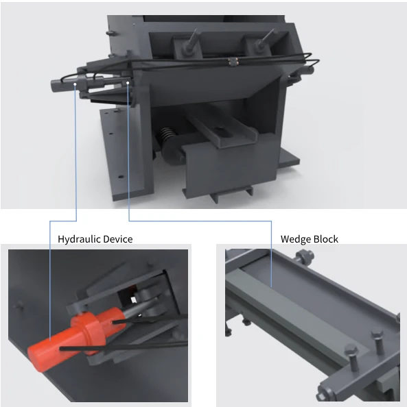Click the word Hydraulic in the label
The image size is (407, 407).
click(x=78, y=239)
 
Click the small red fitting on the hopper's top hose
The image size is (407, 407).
click(x=233, y=63)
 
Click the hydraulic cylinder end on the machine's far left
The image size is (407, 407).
click(x=57, y=86)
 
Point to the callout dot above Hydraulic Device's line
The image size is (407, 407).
click(x=75, y=84)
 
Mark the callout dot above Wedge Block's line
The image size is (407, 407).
click(x=128, y=83)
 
